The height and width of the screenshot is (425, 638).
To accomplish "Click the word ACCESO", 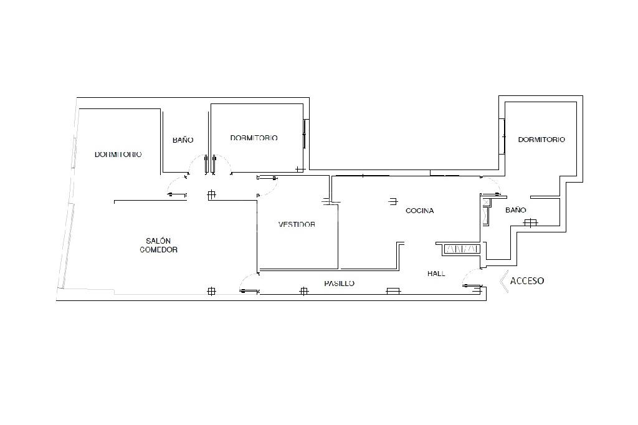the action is tap(527, 281).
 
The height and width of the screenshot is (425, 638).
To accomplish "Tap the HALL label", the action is tap(436, 274).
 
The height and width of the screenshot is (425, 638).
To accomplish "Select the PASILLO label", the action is tap(339, 284).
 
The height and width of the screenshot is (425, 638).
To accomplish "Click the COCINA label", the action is tap(419, 211).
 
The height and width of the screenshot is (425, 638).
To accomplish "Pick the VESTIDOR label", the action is tap(297, 224).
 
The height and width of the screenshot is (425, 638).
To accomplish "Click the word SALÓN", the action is tap(158, 241).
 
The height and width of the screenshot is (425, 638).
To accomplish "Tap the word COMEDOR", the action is tap(158, 250).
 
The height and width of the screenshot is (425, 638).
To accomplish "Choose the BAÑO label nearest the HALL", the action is tap(516, 211).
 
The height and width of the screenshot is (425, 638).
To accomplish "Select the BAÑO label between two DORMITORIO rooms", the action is tap(183, 140).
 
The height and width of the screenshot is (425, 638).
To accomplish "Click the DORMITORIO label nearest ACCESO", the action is tap(541, 140).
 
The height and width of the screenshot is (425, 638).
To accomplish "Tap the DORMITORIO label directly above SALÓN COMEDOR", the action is tap(118, 154).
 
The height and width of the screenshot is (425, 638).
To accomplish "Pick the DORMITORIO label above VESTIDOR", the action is tap(254, 138).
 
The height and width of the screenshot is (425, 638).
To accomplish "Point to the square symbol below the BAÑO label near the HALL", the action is tap(530, 222).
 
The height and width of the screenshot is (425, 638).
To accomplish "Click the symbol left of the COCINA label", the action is tap(393, 201).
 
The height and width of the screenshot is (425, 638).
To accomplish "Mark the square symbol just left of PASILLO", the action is tap(304, 290).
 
